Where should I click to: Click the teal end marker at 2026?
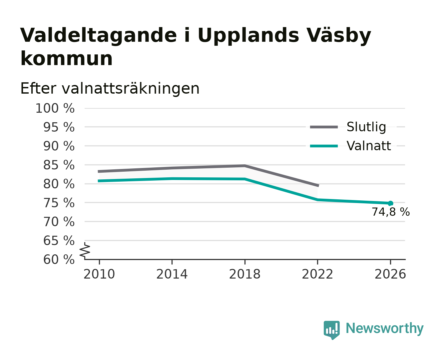[x=390, y=203]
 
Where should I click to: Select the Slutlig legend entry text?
[x=366, y=127]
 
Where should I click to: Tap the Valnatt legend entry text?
[x=369, y=146]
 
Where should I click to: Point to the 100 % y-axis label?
[x=55, y=108]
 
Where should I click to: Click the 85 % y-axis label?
[x=59, y=165]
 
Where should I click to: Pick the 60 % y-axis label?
[x=59, y=259]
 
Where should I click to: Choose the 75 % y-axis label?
[x=59, y=203]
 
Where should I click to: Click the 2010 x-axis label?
[x=99, y=274]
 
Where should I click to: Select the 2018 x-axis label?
[x=245, y=274]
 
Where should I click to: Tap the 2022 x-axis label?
[x=317, y=274]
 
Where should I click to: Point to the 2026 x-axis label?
[x=390, y=274]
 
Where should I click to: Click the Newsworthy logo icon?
[x=331, y=330]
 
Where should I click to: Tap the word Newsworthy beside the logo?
[x=385, y=328]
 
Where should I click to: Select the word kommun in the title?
[x=66, y=59]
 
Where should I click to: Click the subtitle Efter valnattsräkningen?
[x=110, y=89]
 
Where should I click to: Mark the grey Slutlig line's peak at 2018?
[x=245, y=166]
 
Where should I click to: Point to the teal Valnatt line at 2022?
[x=317, y=200]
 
